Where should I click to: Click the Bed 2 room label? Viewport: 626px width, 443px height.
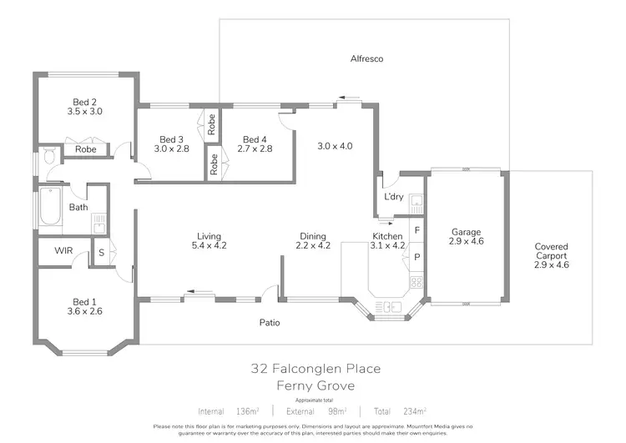pyautogui.click(x=84, y=100)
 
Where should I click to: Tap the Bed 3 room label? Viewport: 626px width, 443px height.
pyautogui.click(x=171, y=139)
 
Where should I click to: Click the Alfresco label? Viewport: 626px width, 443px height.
pyautogui.click(x=366, y=59)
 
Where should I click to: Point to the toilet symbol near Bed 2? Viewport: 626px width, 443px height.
pyautogui.click(x=50, y=155)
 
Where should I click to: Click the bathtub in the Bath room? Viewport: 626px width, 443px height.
pyautogui.click(x=50, y=207)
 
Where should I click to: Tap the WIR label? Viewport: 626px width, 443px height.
pyautogui.click(x=63, y=250)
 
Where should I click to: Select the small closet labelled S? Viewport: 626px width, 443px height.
pyautogui.click(x=101, y=251)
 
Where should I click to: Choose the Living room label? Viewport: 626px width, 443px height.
pyautogui.click(x=209, y=236)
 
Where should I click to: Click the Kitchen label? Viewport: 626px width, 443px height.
pyautogui.click(x=387, y=236)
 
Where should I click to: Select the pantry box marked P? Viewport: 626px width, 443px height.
pyautogui.click(x=416, y=257)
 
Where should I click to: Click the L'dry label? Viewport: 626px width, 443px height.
pyautogui.click(x=393, y=197)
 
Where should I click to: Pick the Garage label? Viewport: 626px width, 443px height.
pyautogui.click(x=467, y=232)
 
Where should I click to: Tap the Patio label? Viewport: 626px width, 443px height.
pyautogui.click(x=269, y=322)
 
